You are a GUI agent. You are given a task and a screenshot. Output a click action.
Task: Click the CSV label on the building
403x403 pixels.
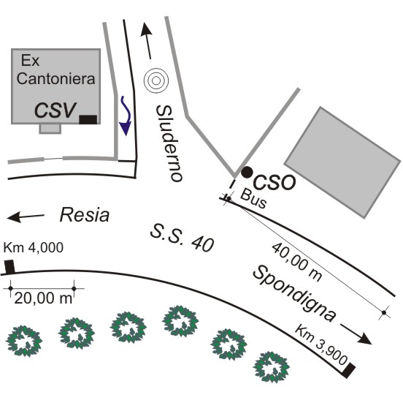click(55, 110)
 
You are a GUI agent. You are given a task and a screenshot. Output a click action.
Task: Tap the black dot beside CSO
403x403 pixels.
click(247, 172)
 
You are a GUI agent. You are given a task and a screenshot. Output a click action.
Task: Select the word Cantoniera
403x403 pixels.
click(55, 78)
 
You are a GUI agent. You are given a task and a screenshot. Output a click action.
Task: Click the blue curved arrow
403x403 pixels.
click(126, 116)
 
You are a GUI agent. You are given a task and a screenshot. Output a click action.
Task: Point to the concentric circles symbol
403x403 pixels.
click(156, 80)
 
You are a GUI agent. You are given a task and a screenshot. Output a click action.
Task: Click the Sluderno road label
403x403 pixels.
click(169, 143)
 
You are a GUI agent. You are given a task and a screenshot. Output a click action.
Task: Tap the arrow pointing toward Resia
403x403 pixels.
click(26, 216)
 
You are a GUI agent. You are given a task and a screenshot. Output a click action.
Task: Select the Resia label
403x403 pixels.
click(85, 215)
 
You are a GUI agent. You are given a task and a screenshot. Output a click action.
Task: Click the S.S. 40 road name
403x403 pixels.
click(182, 238)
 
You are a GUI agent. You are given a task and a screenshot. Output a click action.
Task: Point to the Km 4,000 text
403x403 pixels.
click(34, 247)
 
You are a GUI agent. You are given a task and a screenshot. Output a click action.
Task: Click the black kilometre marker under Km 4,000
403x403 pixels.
click(9, 267)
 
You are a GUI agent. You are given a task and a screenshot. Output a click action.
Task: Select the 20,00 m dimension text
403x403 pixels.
click(43, 298)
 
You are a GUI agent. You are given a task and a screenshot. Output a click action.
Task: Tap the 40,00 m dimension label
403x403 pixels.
click(297, 262)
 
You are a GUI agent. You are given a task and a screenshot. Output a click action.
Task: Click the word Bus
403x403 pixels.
click(253, 198)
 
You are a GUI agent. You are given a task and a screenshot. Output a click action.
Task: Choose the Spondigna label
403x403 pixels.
click(294, 294)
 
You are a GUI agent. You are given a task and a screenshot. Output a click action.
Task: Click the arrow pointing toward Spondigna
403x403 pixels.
click(356, 334)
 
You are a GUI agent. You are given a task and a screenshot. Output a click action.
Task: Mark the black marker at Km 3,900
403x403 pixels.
click(350, 370)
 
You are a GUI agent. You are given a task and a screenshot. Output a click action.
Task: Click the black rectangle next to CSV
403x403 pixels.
click(88, 120)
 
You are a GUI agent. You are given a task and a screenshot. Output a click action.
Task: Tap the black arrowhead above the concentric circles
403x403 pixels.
click(146, 29)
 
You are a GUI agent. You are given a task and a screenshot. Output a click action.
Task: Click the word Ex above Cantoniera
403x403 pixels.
click(31, 61)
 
